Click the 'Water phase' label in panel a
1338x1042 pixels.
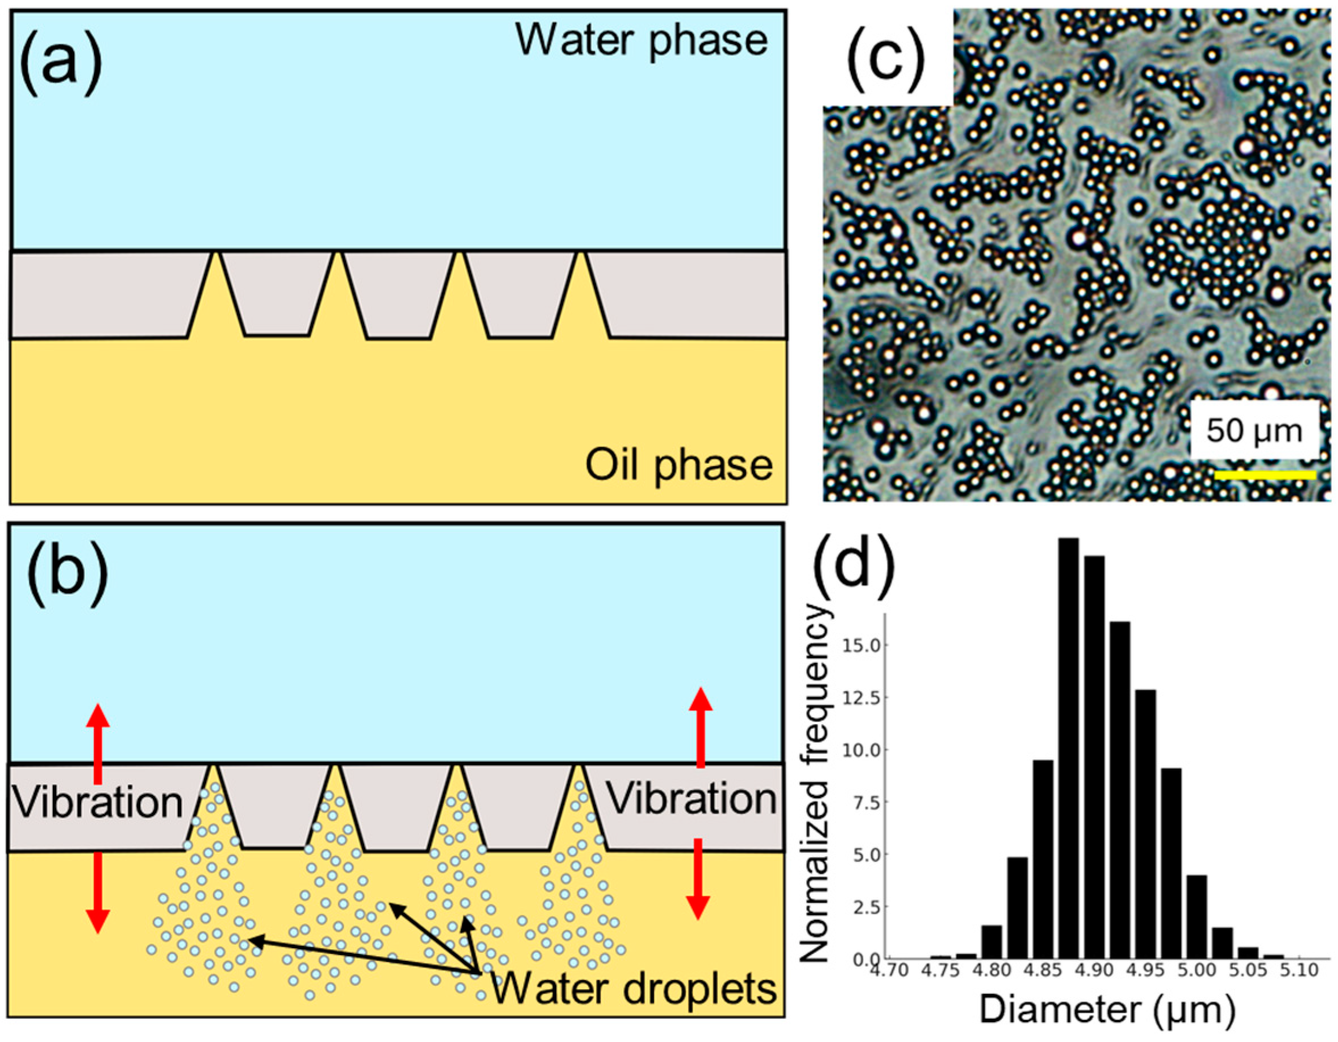641,40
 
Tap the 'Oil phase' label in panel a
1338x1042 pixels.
679,466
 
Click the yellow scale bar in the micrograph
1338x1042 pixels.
1265,475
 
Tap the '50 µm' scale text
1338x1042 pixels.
1254,431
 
